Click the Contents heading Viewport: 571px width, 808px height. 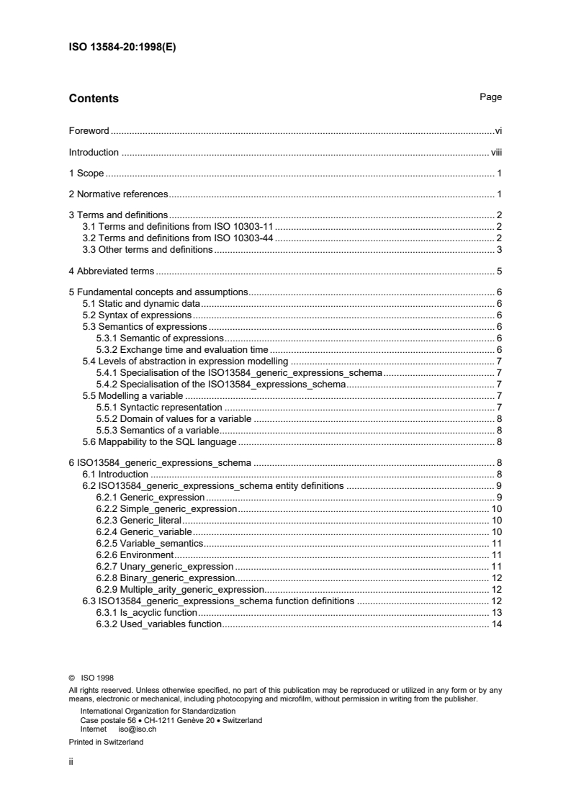(x=94, y=99)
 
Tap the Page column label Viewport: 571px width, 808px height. (x=490, y=97)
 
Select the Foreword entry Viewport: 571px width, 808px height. (x=89, y=131)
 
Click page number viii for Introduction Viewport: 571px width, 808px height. (x=495, y=153)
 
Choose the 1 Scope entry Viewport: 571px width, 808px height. (x=86, y=174)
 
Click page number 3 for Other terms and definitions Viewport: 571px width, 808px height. (x=498, y=249)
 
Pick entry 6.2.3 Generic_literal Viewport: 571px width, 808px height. (x=138, y=520)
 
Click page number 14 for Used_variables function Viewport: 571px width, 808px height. (x=496, y=624)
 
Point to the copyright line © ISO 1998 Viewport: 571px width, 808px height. (x=91, y=677)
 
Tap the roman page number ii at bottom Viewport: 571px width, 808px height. (x=71, y=760)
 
